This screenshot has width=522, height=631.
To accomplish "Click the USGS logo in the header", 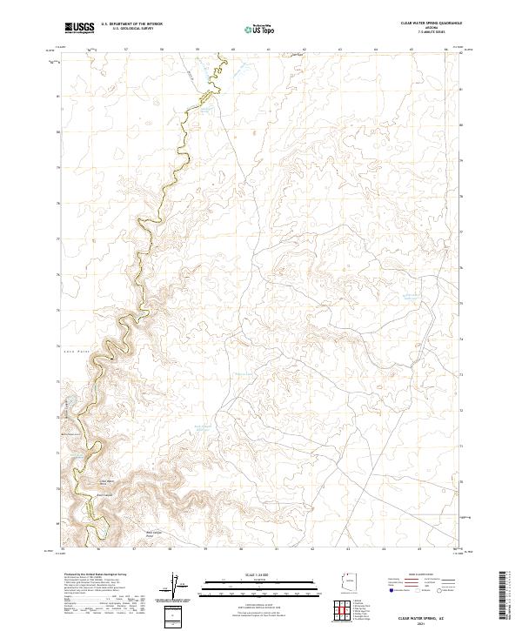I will pyautogui.click(x=79, y=29).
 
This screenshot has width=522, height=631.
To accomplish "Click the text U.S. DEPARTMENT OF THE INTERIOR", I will pyautogui.click(x=131, y=25).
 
